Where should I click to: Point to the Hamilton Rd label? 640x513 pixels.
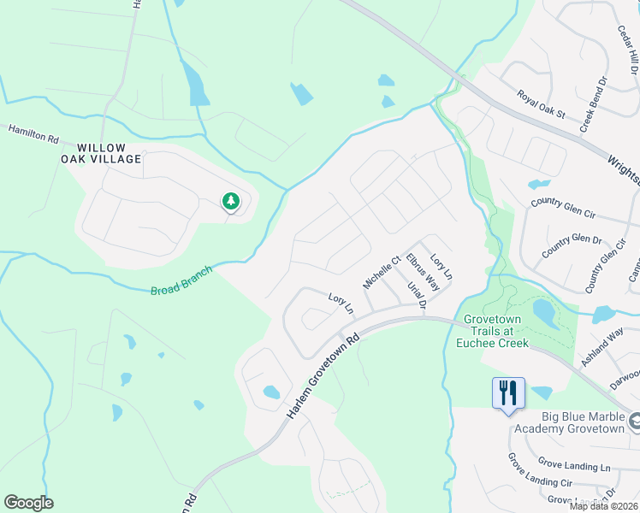pos(33,133)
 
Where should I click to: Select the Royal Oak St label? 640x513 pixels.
pos(541,104)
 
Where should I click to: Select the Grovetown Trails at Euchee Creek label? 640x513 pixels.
pos(496,331)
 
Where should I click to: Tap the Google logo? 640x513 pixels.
pos(28,503)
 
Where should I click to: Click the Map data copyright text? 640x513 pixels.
pos(604,506)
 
